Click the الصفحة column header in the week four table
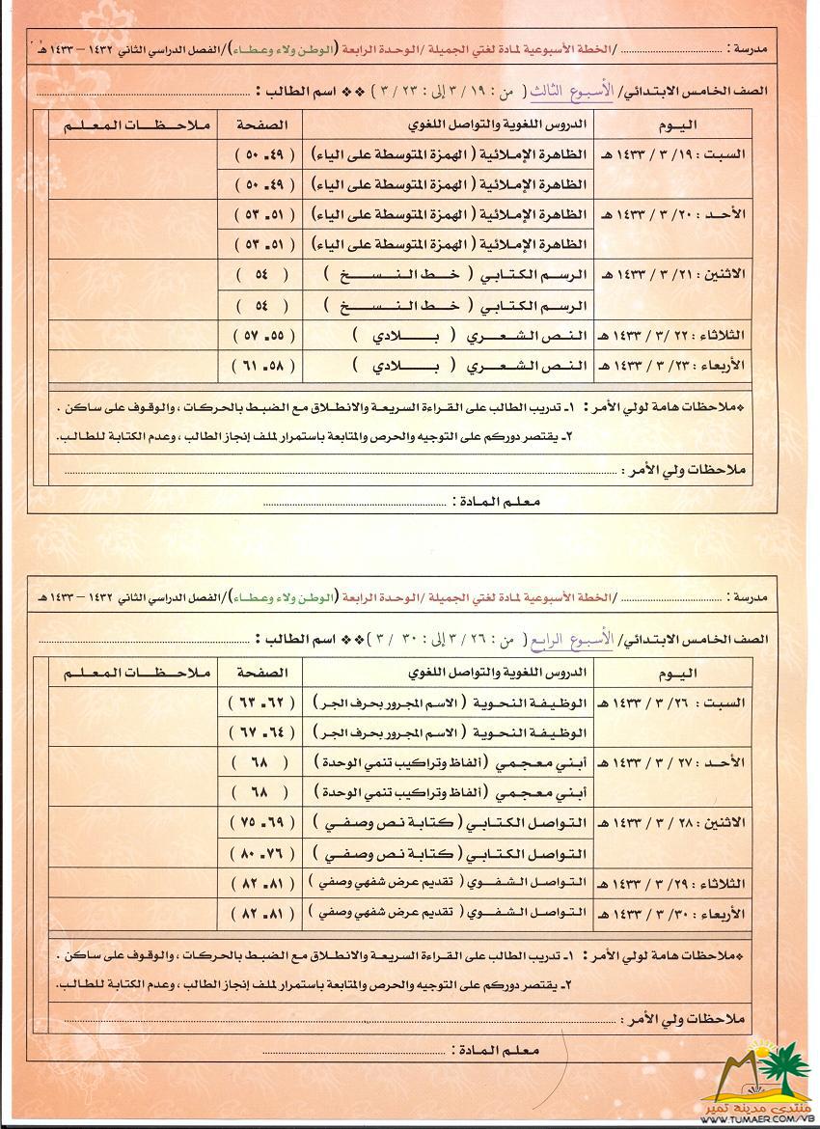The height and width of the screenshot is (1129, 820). pos(260,672)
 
